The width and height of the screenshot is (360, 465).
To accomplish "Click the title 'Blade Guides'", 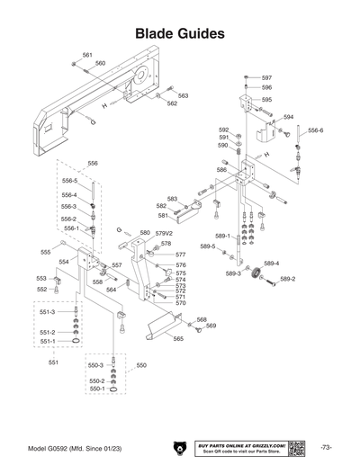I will pyautogui.click(x=179, y=33).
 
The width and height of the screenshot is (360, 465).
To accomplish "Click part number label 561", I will pyautogui.click(x=87, y=55).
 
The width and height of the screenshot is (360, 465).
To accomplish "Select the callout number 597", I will pyautogui.click(x=266, y=78).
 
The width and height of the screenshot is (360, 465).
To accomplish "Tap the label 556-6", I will pyautogui.click(x=315, y=130).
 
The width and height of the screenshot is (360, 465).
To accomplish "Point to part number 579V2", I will pyautogui.click(x=163, y=233).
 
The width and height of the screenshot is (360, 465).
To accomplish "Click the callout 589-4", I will pyautogui.click(x=271, y=264).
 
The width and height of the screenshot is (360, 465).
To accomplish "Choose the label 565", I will pyautogui.click(x=178, y=339).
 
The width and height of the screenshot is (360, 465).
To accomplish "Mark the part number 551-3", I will pyautogui.click(x=47, y=311).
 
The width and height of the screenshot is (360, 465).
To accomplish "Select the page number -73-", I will pyautogui.click(x=325, y=447).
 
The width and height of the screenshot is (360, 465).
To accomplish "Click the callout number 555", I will pyautogui.click(x=45, y=253).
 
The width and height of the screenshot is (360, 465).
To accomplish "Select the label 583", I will pyautogui.click(x=172, y=199).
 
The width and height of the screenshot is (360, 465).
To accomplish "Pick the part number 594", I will pyautogui.click(x=288, y=117).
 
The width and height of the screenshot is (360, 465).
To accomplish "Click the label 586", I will pyautogui.click(x=221, y=169).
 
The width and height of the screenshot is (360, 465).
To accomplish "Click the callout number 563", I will pyautogui.click(x=183, y=95).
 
